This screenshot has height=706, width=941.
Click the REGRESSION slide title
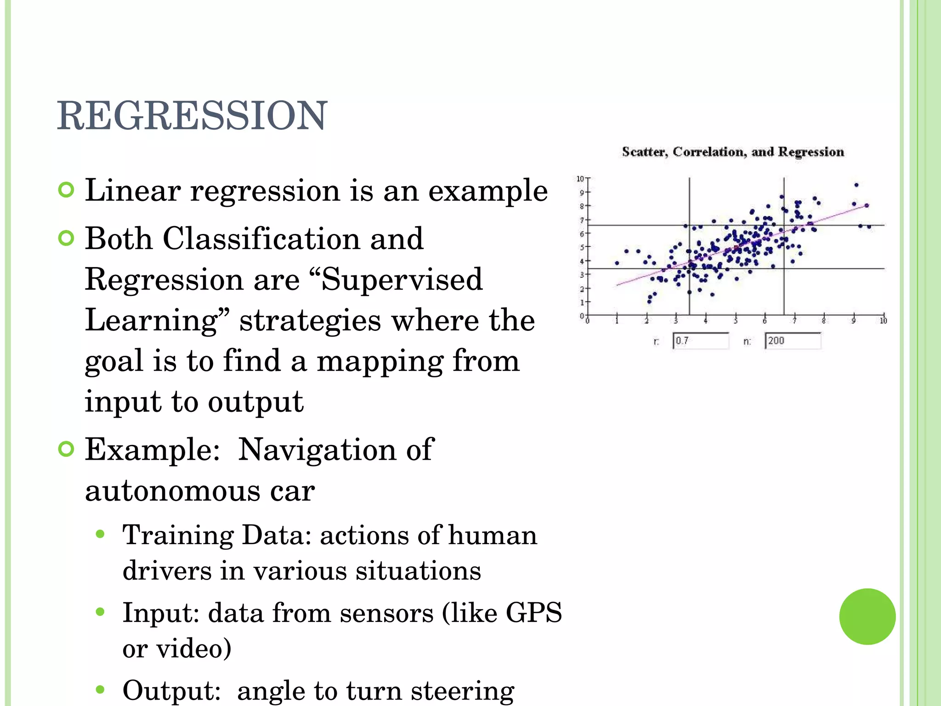pos(192,115)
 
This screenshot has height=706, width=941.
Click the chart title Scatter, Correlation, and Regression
pos(733,152)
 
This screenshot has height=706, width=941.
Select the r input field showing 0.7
pos(700,341)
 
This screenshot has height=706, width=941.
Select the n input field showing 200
pos(792,341)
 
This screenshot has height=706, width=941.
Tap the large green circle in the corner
pos(867,616)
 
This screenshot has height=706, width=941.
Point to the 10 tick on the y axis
pos(581,178)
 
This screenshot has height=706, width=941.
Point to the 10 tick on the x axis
pos(883,321)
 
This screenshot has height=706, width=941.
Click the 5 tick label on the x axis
pos(736,321)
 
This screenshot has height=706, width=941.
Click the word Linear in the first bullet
pos(132,190)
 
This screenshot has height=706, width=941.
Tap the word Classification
pos(261,239)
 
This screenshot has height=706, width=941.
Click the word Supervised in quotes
pos(402,279)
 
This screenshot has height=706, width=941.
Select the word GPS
pos(533,613)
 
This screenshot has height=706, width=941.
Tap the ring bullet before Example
pos(67,449)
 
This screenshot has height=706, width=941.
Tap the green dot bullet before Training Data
pos(101,535)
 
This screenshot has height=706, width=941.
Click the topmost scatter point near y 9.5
pos(856,185)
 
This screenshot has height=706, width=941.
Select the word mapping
pos(380,361)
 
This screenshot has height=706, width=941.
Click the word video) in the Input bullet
pos(193,648)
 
